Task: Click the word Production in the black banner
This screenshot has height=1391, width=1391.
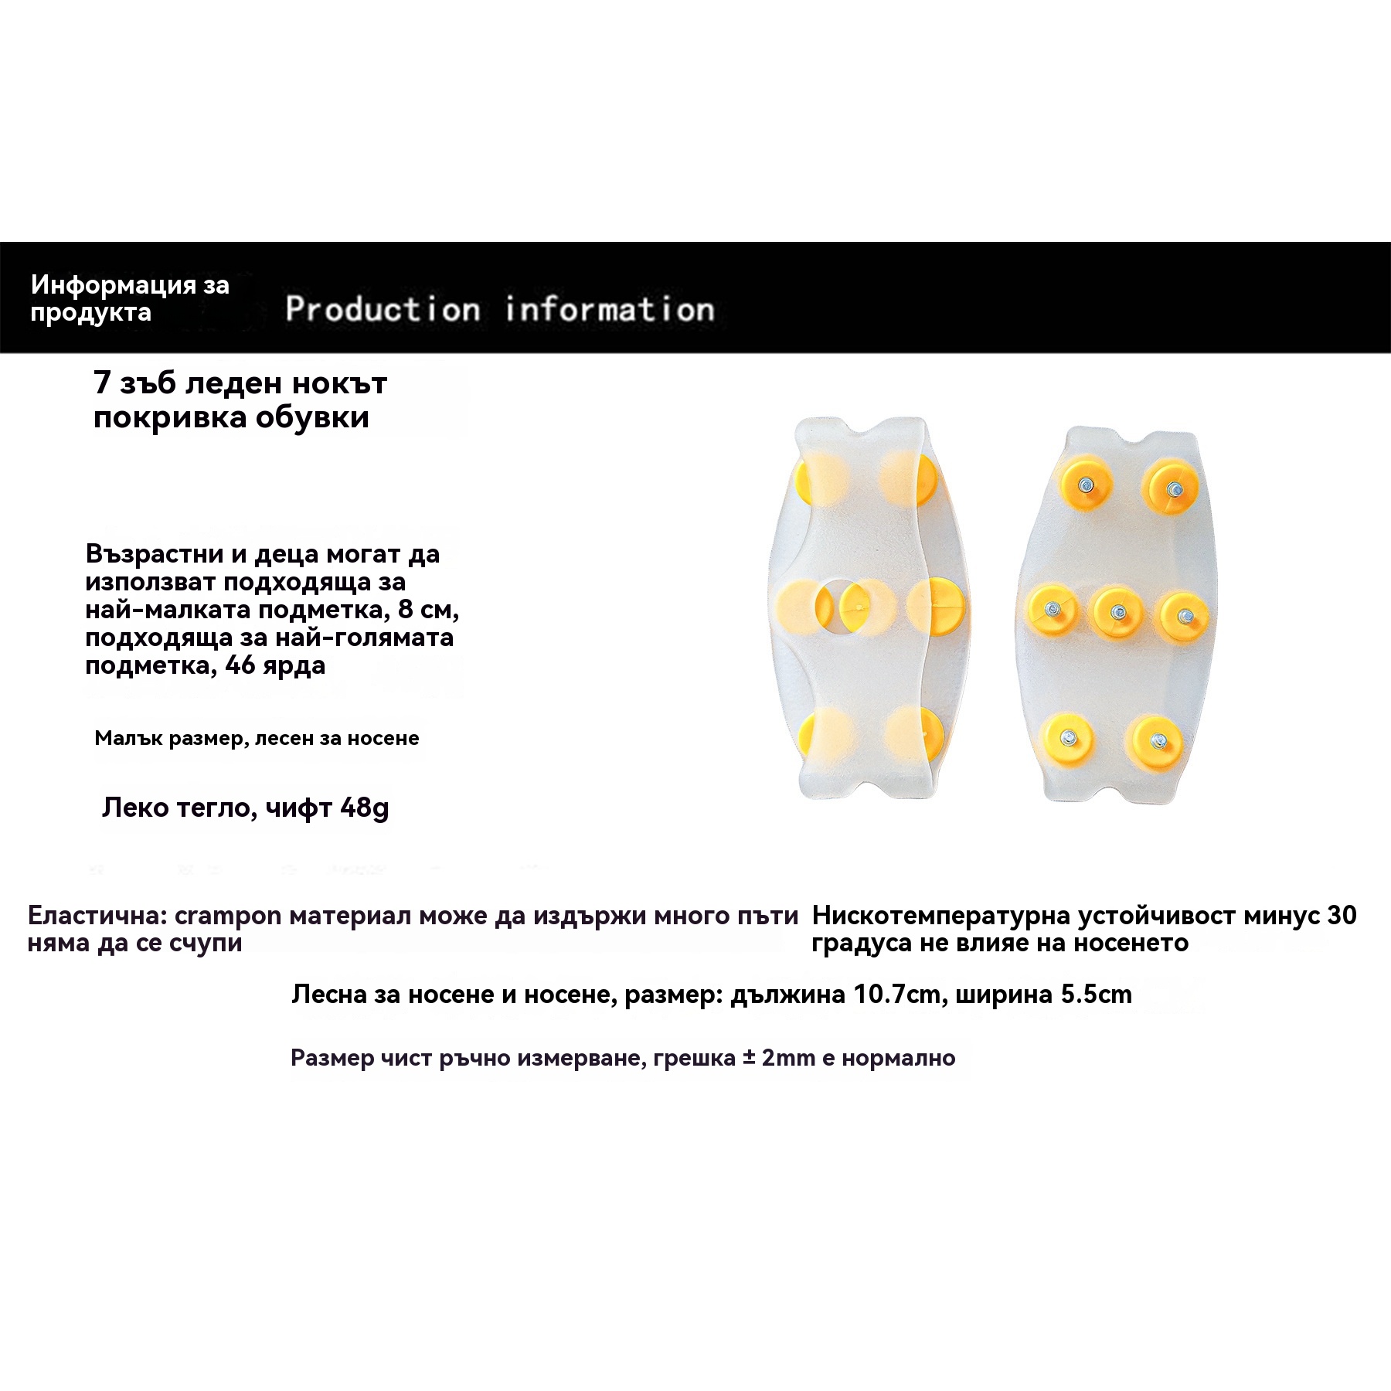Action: coord(383,309)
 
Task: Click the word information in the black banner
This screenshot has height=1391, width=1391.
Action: coord(610,309)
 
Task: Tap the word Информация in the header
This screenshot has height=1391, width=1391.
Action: coord(114,285)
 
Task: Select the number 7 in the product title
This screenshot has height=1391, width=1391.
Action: coord(102,383)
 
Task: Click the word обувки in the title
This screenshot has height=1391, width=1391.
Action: coord(312,417)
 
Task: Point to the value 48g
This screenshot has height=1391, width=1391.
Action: coord(364,808)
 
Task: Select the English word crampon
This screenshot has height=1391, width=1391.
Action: coord(228,916)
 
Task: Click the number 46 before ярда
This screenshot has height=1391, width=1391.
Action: coord(240,665)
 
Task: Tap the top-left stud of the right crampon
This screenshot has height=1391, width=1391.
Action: coord(1086,485)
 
